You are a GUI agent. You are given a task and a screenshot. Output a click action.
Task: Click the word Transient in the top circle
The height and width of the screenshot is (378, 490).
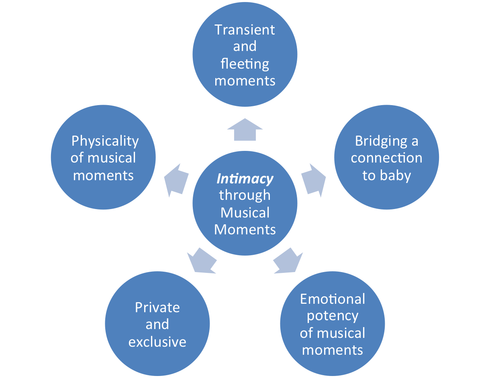[x=245, y=30]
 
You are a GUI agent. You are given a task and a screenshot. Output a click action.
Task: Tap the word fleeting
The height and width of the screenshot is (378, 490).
[x=245, y=63]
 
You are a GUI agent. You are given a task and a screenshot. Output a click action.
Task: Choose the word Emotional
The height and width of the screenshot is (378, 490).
[x=333, y=299]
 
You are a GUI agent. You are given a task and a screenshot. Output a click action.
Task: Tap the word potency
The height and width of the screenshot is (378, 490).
[x=333, y=316]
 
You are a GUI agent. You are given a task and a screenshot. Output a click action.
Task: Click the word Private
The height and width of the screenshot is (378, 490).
[x=157, y=307]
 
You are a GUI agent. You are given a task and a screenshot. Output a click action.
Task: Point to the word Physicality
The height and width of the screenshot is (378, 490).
[x=105, y=141]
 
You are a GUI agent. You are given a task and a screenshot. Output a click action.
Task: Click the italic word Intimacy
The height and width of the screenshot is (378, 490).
[x=245, y=179]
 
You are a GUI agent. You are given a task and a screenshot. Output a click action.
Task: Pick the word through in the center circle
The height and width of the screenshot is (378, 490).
[x=245, y=195]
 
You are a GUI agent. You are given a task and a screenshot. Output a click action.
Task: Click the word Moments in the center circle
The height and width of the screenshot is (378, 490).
[x=245, y=230]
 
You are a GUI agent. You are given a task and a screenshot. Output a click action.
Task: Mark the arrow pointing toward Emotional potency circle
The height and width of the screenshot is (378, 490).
[x=288, y=260]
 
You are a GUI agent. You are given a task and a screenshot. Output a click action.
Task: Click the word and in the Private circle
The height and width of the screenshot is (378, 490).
[x=157, y=324]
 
